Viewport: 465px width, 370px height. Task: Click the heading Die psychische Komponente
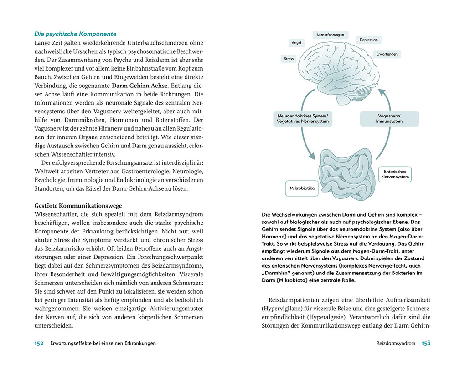point(75,34)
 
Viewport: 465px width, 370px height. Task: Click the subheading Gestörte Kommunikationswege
point(78,206)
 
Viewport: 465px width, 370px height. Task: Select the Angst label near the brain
point(296,43)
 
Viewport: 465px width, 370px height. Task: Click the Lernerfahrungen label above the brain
point(331,35)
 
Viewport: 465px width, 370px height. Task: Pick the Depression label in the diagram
point(368,40)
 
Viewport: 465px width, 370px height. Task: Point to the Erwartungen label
point(387,54)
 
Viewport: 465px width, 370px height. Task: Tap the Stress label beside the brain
point(289,59)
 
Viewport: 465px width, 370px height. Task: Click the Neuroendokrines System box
point(303,119)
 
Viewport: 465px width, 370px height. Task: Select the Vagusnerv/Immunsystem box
point(389,119)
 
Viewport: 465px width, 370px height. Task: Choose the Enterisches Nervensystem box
point(395,174)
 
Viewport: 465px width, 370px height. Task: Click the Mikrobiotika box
point(302,188)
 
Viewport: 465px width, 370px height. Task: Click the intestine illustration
point(345,174)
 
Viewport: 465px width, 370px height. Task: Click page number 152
point(39,343)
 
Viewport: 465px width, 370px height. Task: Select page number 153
point(425,343)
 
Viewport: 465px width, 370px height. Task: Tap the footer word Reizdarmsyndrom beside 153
point(396,344)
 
